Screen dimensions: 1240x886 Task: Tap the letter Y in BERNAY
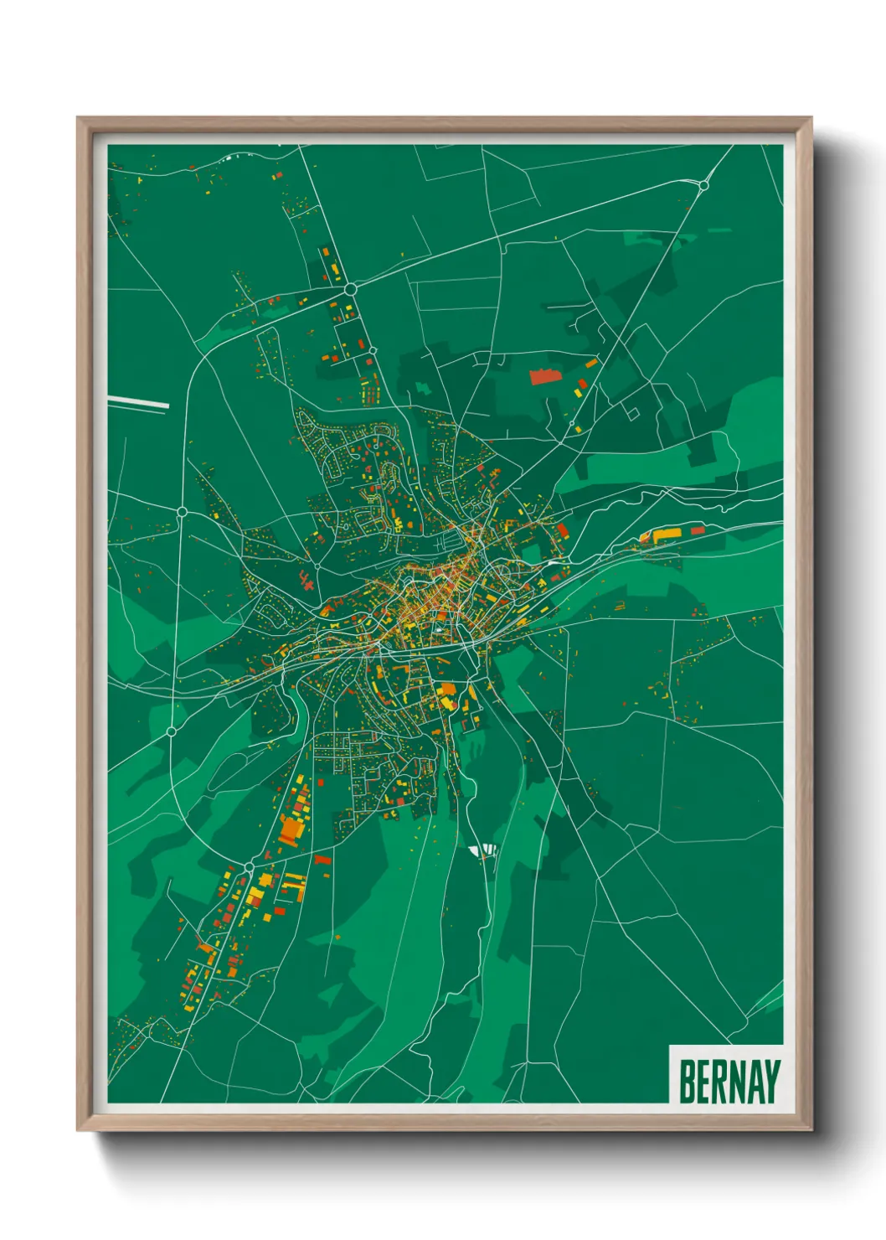[771, 1082]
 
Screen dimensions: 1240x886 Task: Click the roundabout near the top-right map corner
[704, 185]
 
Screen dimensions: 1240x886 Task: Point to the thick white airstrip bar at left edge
[138, 403]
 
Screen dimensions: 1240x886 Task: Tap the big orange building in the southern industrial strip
[290, 829]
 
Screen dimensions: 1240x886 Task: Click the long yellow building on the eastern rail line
[667, 533]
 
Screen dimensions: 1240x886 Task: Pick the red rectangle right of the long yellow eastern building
[697, 530]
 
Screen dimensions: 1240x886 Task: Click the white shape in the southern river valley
[483, 851]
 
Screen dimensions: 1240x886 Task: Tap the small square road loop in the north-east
[632, 412]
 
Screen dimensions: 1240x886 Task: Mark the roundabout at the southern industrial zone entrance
[249, 865]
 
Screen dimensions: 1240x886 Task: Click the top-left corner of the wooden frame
[78, 118]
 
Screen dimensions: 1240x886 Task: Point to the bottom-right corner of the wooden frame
[811, 1130]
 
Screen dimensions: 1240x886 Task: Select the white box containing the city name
[726, 1075]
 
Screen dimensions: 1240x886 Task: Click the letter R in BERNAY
[719, 1082]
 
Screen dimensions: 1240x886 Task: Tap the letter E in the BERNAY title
[703, 1082]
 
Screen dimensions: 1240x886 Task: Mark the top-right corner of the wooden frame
[811, 118]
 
